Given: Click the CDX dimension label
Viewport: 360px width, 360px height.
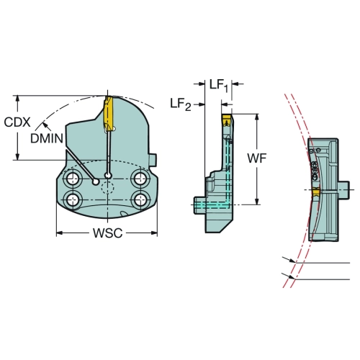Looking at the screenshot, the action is coord(17,122).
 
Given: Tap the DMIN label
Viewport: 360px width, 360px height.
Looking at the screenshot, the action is coord(47,138).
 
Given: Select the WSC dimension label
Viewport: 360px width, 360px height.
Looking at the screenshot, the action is coord(108,233).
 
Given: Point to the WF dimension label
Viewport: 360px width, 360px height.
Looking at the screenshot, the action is coord(257,158).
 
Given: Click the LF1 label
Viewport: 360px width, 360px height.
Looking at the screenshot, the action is coord(219,86).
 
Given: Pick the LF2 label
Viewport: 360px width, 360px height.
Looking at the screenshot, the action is coord(181,104).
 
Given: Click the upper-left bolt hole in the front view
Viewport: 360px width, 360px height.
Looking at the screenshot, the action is coord(73,179).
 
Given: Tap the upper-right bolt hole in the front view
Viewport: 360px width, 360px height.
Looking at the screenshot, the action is coord(140,179).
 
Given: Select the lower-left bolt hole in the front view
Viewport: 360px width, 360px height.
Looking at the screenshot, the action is coord(73,199).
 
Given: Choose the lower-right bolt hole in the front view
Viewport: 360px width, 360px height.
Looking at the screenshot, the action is coord(140,199).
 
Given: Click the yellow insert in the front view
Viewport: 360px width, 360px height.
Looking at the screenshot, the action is coord(108,114).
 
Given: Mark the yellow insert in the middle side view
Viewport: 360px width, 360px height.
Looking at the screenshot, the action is coord(227,120).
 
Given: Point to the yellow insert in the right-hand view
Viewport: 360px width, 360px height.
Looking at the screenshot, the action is coord(316,192).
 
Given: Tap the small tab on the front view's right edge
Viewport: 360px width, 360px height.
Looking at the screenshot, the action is coord(153,160).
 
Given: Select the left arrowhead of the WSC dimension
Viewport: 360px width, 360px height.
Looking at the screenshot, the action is coord(59,233).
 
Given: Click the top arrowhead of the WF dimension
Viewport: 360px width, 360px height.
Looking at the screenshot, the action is coord(257,117).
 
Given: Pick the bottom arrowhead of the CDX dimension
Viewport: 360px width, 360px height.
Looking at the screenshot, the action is coord(17,156).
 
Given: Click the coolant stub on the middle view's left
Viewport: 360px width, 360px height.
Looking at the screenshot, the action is coord(199,205).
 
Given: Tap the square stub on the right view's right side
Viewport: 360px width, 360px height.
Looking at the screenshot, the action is coord(343,190).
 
